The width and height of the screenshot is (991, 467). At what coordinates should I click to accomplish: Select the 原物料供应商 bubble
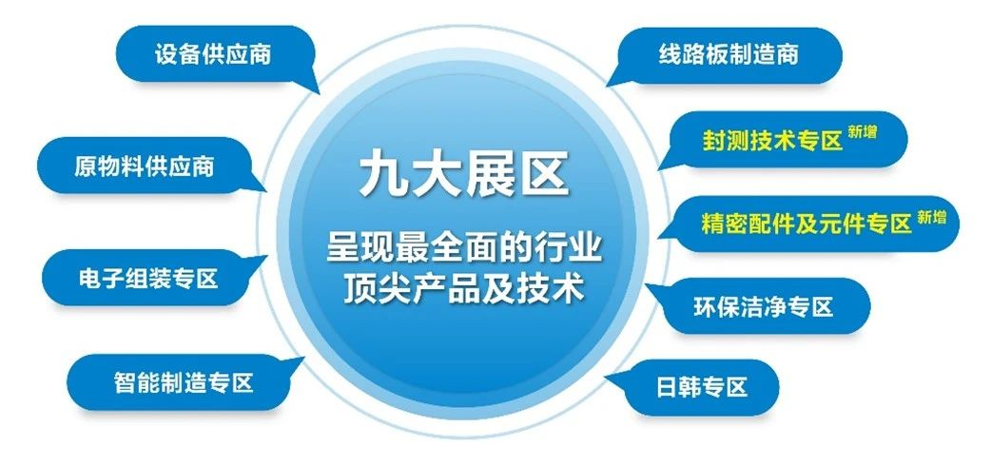click(144, 166)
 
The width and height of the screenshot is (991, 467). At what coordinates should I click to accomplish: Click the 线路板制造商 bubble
click(728, 53)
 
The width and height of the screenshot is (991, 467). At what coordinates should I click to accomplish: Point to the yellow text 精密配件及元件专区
click(806, 224)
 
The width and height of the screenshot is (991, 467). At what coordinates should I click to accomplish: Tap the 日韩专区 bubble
click(702, 387)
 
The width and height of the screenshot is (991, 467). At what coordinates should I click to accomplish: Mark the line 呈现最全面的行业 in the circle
click(463, 248)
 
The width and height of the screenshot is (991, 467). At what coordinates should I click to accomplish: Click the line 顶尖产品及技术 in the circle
click(463, 288)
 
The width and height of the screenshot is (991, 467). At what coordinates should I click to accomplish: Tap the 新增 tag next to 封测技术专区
click(862, 133)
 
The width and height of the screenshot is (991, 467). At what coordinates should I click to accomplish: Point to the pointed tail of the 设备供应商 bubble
click(313, 88)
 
